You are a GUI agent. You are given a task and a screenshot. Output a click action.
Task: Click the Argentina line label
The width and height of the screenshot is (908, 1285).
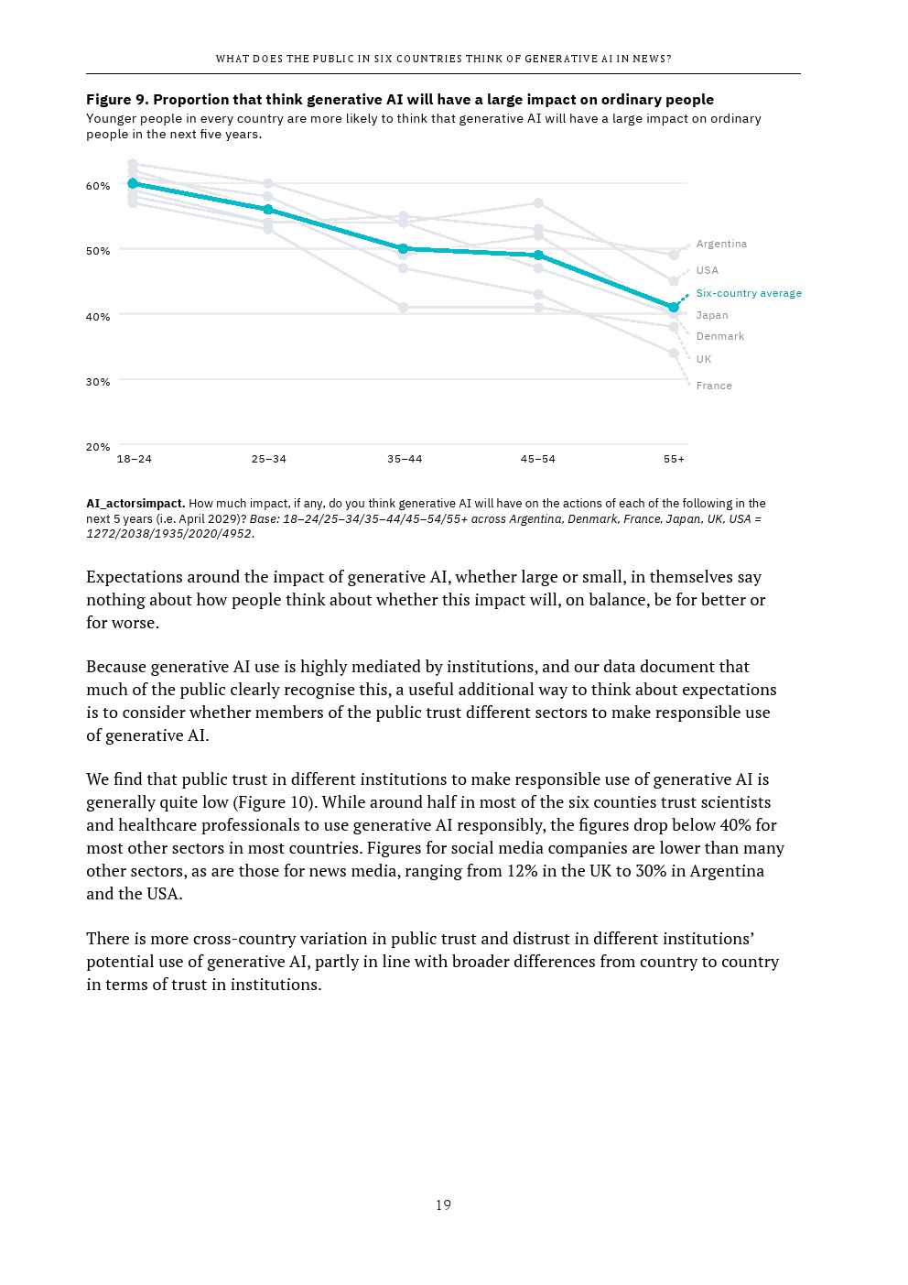click(x=721, y=244)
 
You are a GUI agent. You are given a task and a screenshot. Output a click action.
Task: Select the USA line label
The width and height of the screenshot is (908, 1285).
click(x=707, y=270)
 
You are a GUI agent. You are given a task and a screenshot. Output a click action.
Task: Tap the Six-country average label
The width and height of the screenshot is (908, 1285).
click(x=748, y=293)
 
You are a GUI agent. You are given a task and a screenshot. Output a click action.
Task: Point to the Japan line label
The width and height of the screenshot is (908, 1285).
click(x=711, y=315)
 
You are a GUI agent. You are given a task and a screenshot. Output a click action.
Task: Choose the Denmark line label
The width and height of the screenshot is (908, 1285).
click(x=719, y=336)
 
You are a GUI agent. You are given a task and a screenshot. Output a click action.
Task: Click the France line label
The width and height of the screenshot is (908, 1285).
click(x=713, y=386)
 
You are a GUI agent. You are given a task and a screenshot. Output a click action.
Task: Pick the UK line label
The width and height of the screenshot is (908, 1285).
click(x=703, y=359)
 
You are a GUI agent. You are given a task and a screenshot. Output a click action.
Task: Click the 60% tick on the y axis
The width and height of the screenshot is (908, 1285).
click(x=98, y=186)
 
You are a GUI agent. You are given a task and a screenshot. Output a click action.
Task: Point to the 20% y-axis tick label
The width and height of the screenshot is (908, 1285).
click(x=98, y=447)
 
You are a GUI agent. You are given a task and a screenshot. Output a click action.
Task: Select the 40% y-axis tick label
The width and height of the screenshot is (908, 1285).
click(x=98, y=317)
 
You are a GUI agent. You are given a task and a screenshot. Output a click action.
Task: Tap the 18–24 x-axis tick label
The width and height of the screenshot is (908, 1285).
click(x=135, y=459)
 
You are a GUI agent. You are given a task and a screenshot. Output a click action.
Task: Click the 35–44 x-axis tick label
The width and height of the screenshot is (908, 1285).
click(x=405, y=459)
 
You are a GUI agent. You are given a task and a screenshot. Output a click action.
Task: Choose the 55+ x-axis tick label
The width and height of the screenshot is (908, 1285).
click(x=674, y=459)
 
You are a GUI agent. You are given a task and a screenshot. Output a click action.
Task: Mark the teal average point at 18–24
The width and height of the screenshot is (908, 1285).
click(x=133, y=183)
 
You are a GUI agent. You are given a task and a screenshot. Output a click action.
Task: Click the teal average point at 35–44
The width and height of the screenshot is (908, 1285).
click(x=403, y=248)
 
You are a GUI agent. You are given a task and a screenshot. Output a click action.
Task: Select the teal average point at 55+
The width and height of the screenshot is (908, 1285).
click(x=674, y=308)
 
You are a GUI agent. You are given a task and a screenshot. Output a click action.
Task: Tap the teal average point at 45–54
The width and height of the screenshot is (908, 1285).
click(x=538, y=256)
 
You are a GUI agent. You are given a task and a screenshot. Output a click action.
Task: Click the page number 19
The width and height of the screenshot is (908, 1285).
click(x=443, y=1205)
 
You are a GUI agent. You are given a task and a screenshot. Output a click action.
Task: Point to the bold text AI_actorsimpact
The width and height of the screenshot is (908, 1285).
click(x=135, y=503)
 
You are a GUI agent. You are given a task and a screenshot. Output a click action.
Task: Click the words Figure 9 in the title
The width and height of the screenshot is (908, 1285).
click(x=116, y=99)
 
